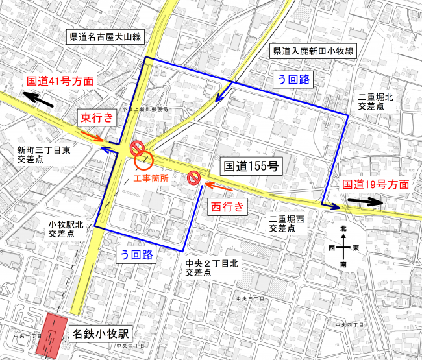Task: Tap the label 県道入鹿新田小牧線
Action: (x=312, y=51)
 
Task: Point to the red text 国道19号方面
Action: (x=376, y=184)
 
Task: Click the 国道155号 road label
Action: (x=251, y=166)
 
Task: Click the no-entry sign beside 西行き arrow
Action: (x=193, y=178)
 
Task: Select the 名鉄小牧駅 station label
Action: (x=101, y=335)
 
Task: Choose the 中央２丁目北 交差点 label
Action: (x=214, y=268)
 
